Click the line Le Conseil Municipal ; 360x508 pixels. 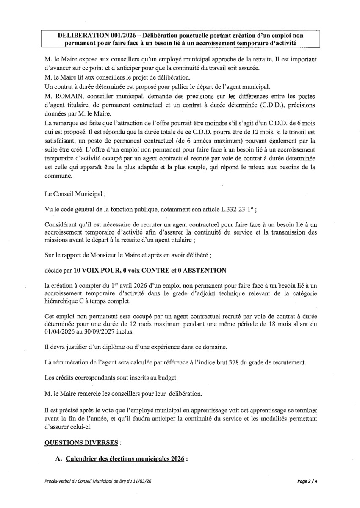pyautogui.click(x=75, y=194)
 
